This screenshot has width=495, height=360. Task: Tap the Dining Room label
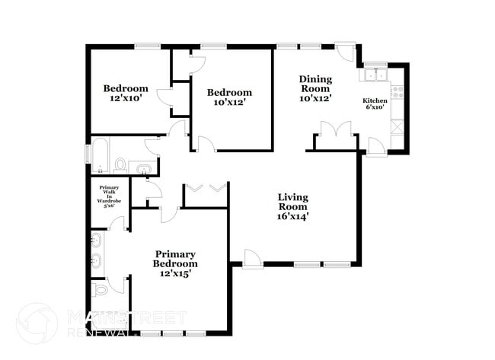pos(315,88)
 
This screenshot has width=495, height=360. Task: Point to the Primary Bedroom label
pos(175,263)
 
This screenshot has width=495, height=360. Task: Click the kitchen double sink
pos(375,75)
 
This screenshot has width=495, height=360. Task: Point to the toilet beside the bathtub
pos(120,163)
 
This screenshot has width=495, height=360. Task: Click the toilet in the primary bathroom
pos(100,290)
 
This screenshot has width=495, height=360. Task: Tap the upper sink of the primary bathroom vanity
pos(97,243)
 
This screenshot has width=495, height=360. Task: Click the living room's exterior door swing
pos(252,260)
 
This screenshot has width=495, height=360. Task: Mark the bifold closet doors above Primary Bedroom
pos(206,187)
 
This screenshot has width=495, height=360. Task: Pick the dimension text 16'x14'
pos(292,217)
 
